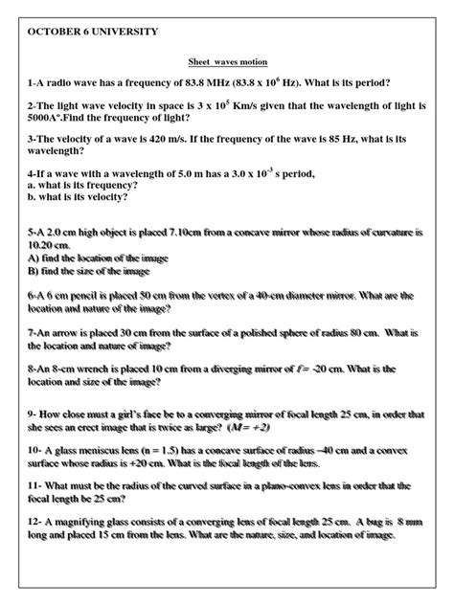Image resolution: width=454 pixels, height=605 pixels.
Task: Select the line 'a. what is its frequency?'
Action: (x=82, y=185)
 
